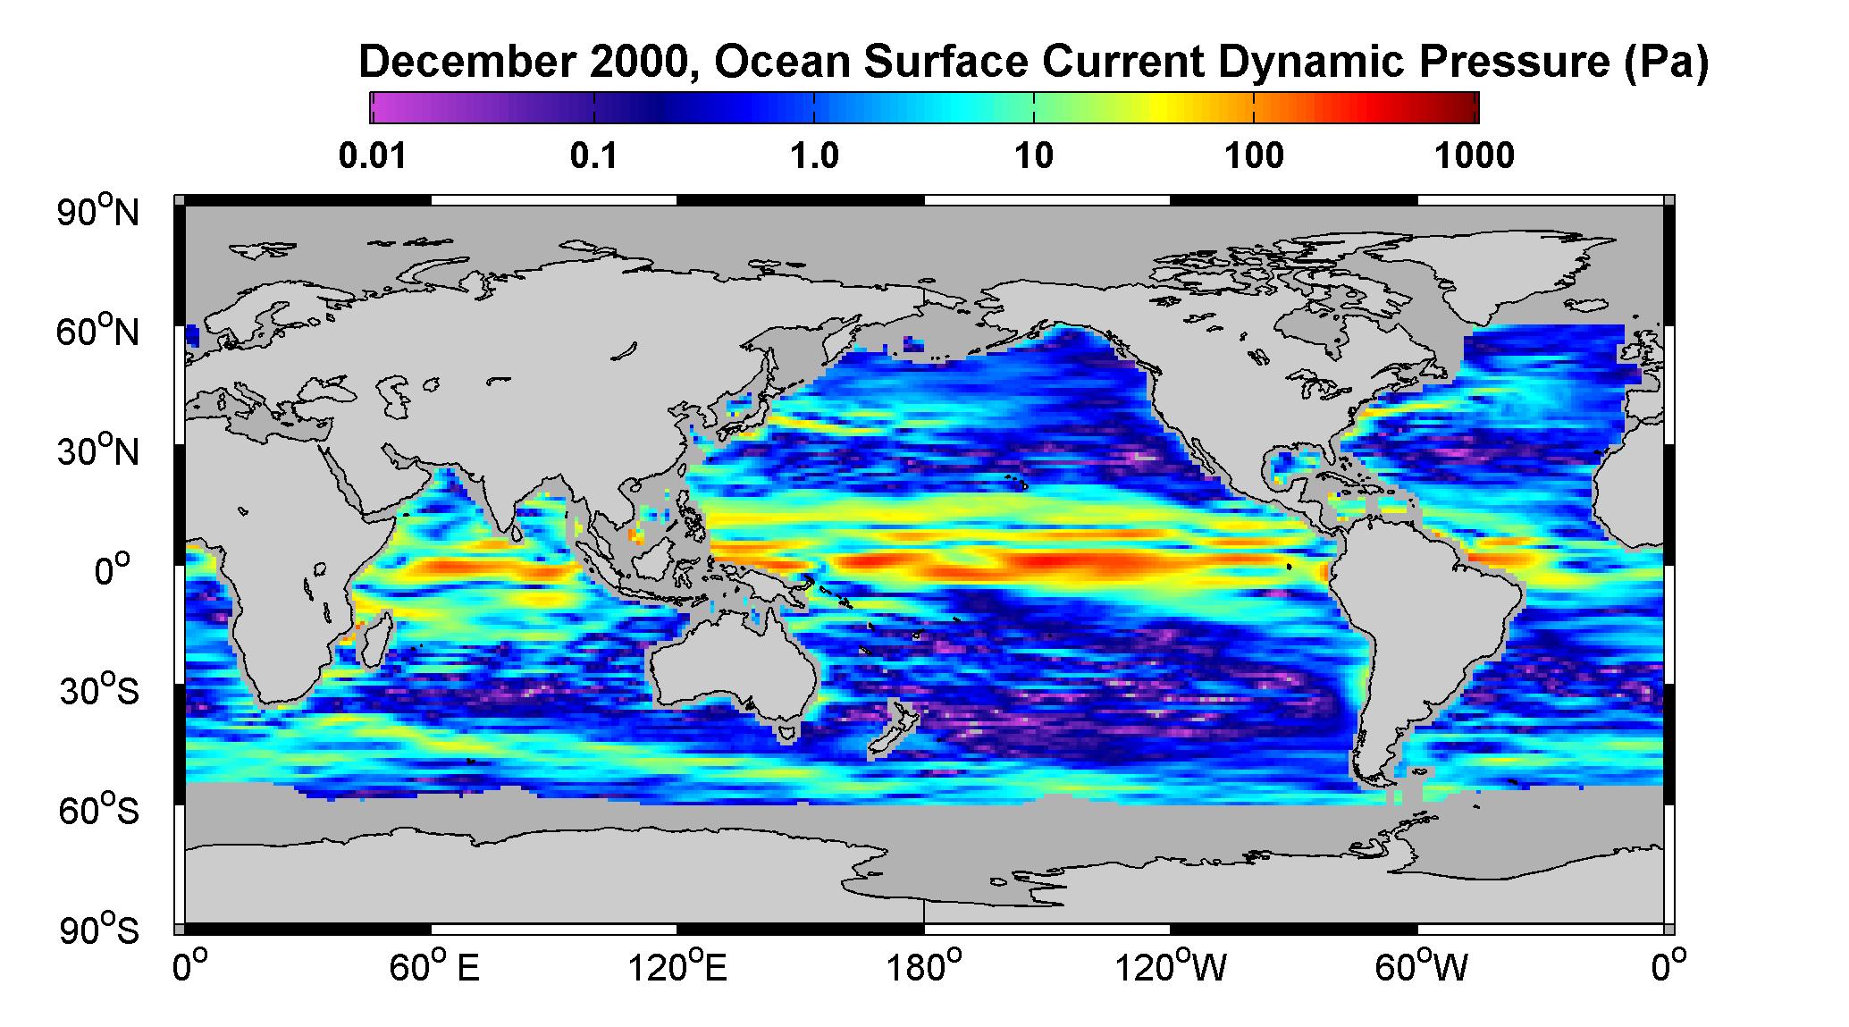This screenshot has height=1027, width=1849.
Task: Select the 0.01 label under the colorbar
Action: (373, 156)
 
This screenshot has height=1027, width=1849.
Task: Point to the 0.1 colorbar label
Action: (594, 156)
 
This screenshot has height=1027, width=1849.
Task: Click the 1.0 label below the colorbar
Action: (814, 156)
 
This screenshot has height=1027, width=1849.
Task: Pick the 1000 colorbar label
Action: (1475, 156)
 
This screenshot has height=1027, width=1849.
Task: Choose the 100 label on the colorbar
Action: (1255, 156)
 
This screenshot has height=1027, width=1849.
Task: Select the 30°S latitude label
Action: (98, 691)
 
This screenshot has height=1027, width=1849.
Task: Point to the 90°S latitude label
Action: (98, 930)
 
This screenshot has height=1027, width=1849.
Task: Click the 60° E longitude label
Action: (434, 967)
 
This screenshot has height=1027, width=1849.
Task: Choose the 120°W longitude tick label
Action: (1171, 967)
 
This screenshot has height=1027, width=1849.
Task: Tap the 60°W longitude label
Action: (1418, 967)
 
